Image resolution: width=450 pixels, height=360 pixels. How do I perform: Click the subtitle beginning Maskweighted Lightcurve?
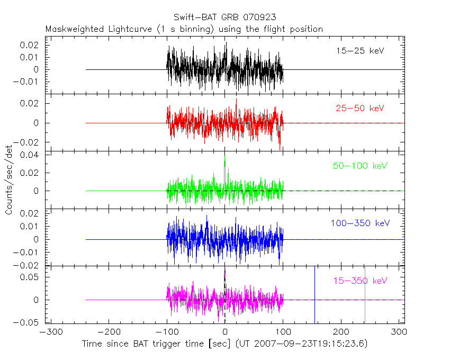[184, 29]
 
